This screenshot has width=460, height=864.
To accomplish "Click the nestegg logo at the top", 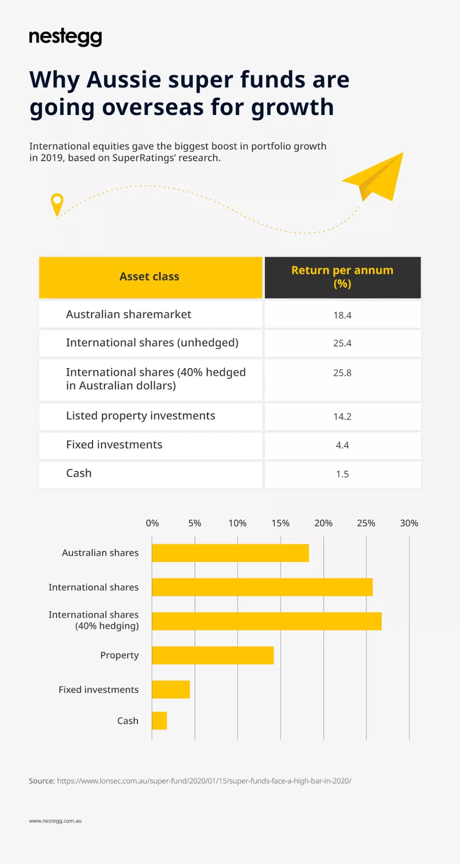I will pyautogui.click(x=65, y=38).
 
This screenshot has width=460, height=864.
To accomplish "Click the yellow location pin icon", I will pyautogui.click(x=57, y=204).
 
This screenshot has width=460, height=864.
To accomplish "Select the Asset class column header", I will pyautogui.click(x=149, y=277).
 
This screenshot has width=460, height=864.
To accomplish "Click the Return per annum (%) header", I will pyautogui.click(x=342, y=277).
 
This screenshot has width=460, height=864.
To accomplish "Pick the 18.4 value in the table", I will pyautogui.click(x=342, y=315).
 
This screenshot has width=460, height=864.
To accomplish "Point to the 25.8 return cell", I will pyautogui.click(x=342, y=373).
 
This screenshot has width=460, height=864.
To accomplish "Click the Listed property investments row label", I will pyautogui.click(x=140, y=416).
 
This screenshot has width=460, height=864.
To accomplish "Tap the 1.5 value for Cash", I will pyautogui.click(x=342, y=474).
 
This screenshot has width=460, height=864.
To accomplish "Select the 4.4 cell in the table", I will pyautogui.click(x=342, y=445).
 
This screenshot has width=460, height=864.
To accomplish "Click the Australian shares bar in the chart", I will pyautogui.click(x=230, y=553).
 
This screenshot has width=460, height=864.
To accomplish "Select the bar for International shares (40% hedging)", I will pyautogui.click(x=266, y=621).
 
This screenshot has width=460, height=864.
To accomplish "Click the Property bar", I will pyautogui.click(x=213, y=655).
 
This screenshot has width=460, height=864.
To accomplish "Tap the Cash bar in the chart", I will pyautogui.click(x=159, y=721).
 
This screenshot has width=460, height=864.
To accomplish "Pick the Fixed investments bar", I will pyautogui.click(x=171, y=689).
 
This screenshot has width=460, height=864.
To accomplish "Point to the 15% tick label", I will pyautogui.click(x=280, y=523).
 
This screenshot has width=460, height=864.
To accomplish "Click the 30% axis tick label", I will pyautogui.click(x=409, y=523).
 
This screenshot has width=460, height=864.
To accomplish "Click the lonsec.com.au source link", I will pyautogui.click(x=204, y=781).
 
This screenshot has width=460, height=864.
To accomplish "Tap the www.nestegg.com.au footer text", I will pyautogui.click(x=55, y=821).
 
